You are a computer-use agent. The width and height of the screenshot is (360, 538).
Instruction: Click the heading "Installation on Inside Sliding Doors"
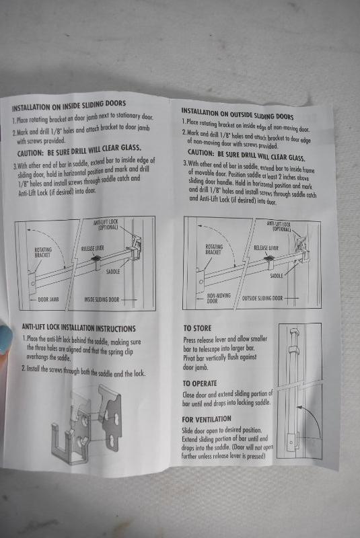click(69, 106)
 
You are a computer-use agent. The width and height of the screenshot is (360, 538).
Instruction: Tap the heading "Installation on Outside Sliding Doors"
click(238, 114)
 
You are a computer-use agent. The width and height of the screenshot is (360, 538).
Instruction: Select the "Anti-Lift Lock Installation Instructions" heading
click(79, 328)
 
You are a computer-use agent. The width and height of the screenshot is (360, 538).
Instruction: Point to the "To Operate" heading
click(200, 383)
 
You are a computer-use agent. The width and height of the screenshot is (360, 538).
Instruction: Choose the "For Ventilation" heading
click(207, 419)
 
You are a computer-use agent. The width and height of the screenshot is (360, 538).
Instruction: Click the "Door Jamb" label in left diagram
click(48, 299)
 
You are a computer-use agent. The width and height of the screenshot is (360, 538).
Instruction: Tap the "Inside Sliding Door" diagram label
click(102, 299)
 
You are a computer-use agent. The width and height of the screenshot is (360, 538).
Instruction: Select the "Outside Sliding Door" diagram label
click(262, 298)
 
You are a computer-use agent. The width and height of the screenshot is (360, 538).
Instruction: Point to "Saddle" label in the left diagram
click(113, 272)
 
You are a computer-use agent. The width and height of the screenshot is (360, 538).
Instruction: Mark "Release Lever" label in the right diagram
click(266, 247)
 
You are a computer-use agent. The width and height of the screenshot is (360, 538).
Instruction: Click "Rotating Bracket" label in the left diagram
click(43, 252)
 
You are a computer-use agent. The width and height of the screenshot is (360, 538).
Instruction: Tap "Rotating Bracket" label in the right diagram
click(214, 249)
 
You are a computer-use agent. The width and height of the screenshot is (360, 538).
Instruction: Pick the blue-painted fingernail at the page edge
click(6, 340)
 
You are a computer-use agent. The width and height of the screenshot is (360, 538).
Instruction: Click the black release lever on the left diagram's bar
click(96, 258)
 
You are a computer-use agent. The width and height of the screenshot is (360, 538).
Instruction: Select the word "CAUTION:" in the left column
click(30, 153)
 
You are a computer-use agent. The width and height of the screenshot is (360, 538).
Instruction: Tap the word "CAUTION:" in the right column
click(201, 153)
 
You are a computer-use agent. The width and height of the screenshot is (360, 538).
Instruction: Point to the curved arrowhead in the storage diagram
click(299, 408)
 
